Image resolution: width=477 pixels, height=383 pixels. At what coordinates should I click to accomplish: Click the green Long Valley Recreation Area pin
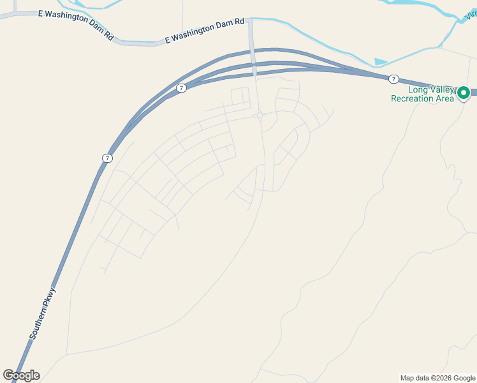(464, 93)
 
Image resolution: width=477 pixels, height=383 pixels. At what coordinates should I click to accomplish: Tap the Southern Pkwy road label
(43, 313)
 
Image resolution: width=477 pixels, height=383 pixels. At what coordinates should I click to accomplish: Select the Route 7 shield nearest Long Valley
(393, 79)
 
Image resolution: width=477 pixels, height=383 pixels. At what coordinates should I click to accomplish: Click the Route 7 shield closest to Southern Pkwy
(106, 158)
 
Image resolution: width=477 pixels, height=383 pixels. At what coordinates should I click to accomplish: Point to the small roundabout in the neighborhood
(260, 115)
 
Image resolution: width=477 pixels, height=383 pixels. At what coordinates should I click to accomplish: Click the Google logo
(21, 375)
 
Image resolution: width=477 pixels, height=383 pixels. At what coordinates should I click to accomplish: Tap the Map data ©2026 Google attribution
(437, 378)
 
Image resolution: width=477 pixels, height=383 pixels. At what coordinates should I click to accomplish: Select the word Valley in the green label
(437, 89)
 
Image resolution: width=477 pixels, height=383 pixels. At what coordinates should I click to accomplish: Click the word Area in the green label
(445, 98)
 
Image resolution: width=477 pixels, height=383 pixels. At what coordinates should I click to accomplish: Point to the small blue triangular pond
(380, 62)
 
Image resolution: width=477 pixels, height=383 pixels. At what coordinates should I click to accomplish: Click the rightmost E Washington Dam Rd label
(204, 30)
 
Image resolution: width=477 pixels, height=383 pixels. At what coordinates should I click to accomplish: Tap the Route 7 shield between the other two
(182, 88)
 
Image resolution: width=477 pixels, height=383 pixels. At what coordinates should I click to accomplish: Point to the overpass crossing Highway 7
(254, 64)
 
